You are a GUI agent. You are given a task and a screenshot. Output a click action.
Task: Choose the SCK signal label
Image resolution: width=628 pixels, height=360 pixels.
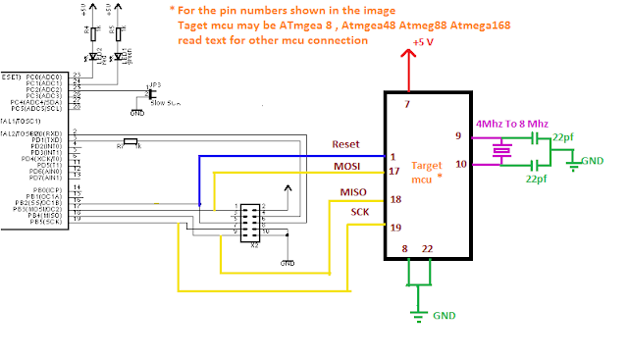click(361, 212)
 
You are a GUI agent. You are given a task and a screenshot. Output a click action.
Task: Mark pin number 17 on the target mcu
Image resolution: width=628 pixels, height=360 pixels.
click(393, 172)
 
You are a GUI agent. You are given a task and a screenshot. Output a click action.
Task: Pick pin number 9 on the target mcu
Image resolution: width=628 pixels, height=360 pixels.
click(457, 135)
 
